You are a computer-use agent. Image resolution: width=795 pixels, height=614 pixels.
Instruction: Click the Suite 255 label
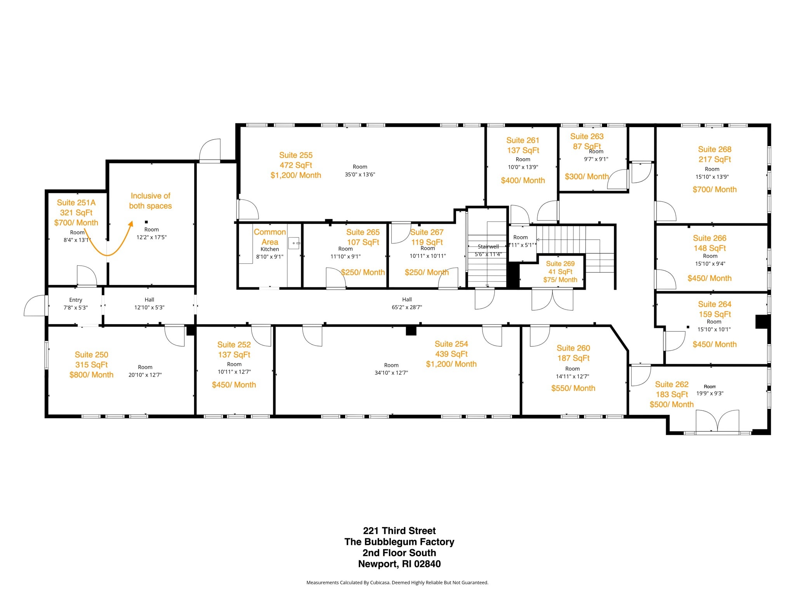pyautogui.click(x=295, y=155)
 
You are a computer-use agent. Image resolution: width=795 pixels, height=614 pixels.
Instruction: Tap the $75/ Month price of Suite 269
pyautogui.click(x=560, y=280)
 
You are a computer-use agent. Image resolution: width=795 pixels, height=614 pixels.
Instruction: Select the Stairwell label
pyautogui.click(x=488, y=247)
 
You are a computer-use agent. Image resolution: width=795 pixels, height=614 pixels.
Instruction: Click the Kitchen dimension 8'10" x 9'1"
pyautogui.click(x=269, y=257)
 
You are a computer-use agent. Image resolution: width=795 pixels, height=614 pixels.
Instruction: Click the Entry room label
pyautogui.click(x=75, y=300)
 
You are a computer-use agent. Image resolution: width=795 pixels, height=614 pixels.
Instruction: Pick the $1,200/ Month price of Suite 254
pyautogui.click(x=451, y=364)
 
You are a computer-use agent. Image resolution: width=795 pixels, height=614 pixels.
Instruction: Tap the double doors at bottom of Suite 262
pyautogui.click(x=717, y=421)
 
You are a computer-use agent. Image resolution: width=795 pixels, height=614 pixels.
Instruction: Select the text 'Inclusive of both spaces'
pyautogui.click(x=150, y=201)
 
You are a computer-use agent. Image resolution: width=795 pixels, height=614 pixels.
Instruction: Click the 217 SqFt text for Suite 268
pyautogui.click(x=714, y=159)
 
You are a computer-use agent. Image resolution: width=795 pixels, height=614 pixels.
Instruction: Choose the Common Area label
pyautogui.click(x=269, y=237)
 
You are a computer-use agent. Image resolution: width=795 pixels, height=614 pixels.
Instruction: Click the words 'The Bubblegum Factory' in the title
pyautogui.click(x=399, y=542)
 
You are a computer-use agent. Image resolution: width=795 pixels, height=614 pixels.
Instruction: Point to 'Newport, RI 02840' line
pyautogui.click(x=399, y=564)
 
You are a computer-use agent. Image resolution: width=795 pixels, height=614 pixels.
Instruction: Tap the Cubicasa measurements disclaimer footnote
pyautogui.click(x=397, y=583)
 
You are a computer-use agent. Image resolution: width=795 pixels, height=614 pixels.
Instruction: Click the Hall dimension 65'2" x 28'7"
pyautogui.click(x=406, y=307)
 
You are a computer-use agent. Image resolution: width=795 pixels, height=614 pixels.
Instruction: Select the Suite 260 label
pyautogui.click(x=573, y=348)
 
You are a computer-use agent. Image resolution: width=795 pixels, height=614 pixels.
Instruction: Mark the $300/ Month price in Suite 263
pyautogui.click(x=586, y=177)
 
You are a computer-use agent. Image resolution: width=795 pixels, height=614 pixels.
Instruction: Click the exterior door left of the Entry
pyautogui.click(x=35, y=305)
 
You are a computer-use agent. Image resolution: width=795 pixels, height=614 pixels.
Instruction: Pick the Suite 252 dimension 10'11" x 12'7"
pyautogui.click(x=234, y=372)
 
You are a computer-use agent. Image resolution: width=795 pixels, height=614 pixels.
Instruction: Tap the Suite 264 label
pyautogui.click(x=714, y=304)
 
